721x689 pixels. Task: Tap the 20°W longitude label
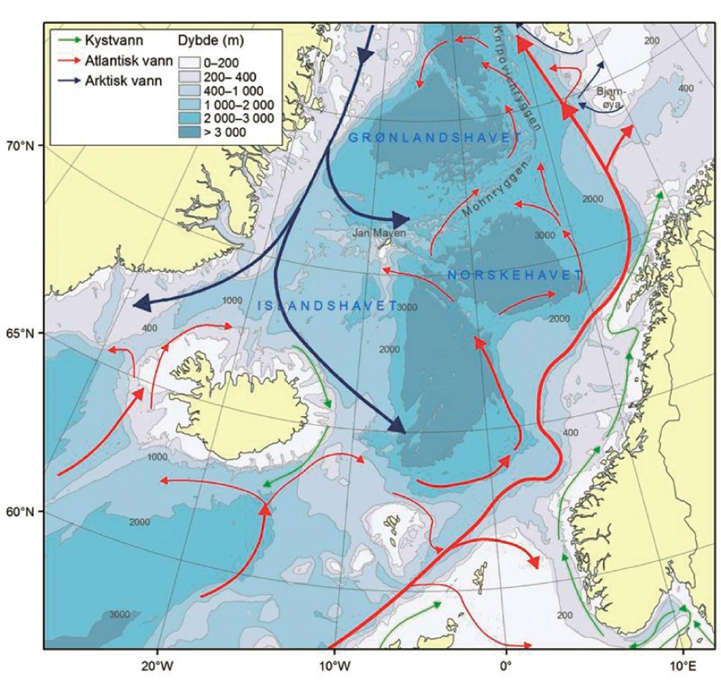[157, 666]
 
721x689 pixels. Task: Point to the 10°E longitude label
[683, 666]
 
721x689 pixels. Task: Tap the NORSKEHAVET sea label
[515, 275]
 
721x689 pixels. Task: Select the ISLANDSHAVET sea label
[328, 305]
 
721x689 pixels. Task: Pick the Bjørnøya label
[612, 97]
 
